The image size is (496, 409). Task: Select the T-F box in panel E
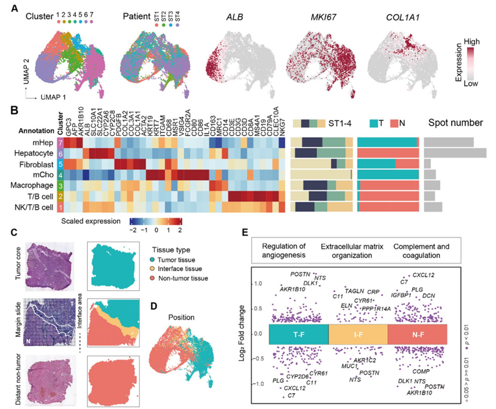(x=297, y=334)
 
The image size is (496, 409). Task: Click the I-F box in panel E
(x=357, y=334)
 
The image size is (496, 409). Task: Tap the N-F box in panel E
(x=418, y=334)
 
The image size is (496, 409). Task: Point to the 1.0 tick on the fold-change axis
(x=258, y=283)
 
